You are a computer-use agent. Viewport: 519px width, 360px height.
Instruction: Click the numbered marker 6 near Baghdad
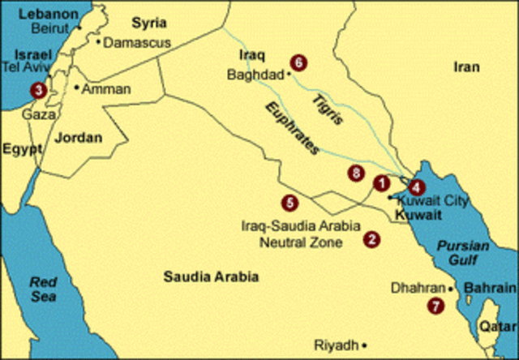tap(299, 62)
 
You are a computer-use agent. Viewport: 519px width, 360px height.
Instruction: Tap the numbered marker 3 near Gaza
tap(37, 91)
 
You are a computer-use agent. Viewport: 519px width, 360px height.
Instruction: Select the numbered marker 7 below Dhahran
tap(437, 306)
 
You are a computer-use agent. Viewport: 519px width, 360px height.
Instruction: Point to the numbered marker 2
tap(372, 239)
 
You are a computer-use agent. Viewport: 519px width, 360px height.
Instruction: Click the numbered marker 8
tap(354, 173)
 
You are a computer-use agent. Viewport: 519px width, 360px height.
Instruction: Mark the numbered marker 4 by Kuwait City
tap(417, 186)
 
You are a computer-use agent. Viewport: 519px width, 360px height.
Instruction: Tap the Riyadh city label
tap(336, 345)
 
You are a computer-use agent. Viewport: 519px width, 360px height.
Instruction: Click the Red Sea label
tap(41, 289)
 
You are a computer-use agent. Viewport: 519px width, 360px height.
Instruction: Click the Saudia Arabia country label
tap(211, 276)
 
